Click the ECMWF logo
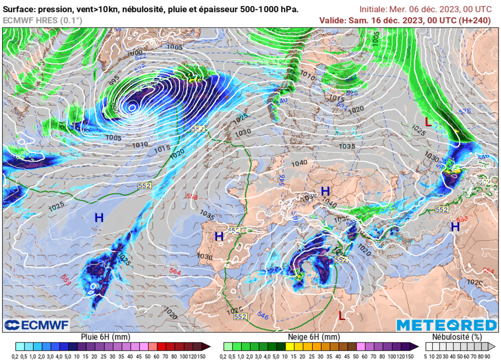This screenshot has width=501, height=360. coord(37,325)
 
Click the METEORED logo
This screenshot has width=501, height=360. coord(446,325)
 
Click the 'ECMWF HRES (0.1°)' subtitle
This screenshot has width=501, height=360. coord(43,20)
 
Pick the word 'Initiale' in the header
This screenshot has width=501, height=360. coord(372,9)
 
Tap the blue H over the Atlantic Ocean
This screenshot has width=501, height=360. coord(99,218)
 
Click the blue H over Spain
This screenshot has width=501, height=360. coord(219,236)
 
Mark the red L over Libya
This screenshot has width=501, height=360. coord(342,316)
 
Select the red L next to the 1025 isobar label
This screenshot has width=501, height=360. coord(428,122)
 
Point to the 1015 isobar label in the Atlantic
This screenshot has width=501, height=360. coord(161,148)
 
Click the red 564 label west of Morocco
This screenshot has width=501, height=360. coord(175,271)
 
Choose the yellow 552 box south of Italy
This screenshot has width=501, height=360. coord(341,260)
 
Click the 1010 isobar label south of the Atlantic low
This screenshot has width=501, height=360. coord(139,145)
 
